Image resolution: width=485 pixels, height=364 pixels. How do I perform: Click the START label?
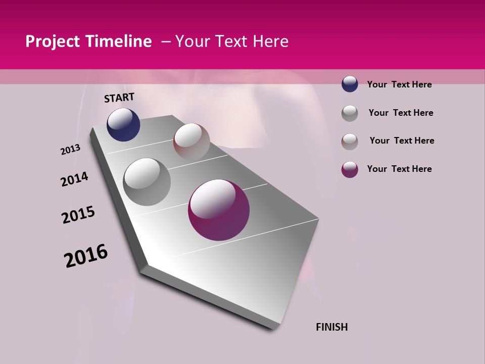[x=119, y=98]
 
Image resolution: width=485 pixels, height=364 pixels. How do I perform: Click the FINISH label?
[x=331, y=327]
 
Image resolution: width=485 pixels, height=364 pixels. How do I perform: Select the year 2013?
[x=70, y=150]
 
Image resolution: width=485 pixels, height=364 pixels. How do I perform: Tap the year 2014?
[x=74, y=179]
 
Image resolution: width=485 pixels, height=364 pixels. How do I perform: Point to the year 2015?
[x=78, y=215]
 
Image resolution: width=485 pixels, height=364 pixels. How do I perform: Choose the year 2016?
[x=86, y=256]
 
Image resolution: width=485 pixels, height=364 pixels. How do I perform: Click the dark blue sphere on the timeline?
[x=123, y=125]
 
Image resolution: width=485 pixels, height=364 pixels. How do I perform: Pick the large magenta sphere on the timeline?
[x=219, y=210]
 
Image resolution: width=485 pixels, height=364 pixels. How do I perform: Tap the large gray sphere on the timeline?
[x=147, y=182]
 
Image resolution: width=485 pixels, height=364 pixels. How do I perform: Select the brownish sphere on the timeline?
[x=191, y=142]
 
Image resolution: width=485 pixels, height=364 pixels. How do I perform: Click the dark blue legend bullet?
[x=350, y=84]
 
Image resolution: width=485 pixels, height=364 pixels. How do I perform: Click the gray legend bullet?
[x=350, y=113]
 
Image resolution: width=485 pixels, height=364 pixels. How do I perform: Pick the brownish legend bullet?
[x=350, y=142]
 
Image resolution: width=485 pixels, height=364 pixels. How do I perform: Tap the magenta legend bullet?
[x=350, y=169]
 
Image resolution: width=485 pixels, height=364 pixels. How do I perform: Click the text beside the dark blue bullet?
[x=399, y=84]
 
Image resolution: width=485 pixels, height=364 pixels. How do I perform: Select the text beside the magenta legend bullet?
[x=399, y=169]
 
